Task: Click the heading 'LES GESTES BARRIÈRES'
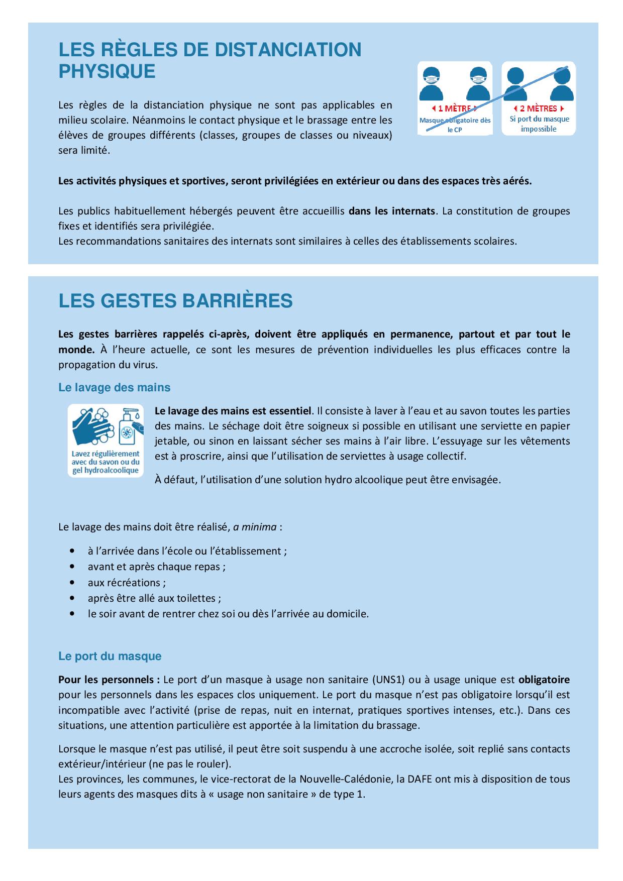[x=175, y=301]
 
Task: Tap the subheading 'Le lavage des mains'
[x=114, y=387]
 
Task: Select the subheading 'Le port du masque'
[x=110, y=656]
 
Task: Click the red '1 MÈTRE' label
[x=454, y=108]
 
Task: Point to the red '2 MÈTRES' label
[x=538, y=108]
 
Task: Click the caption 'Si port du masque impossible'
[x=539, y=124]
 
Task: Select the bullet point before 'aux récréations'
[x=74, y=583]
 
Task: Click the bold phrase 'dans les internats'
[x=391, y=211]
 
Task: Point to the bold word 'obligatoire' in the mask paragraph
[x=544, y=680]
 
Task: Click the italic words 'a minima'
[x=255, y=527]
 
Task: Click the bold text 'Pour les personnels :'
[x=109, y=680]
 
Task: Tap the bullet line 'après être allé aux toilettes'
[x=154, y=598]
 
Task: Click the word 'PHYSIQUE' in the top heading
[x=107, y=71]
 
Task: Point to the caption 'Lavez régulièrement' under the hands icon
[x=106, y=454]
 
